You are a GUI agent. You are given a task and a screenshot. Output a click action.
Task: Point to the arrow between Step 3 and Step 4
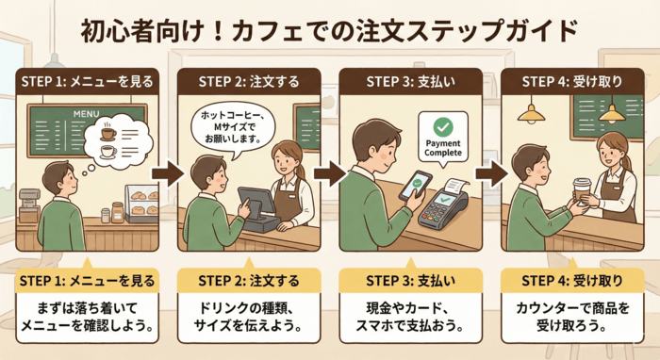489,174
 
